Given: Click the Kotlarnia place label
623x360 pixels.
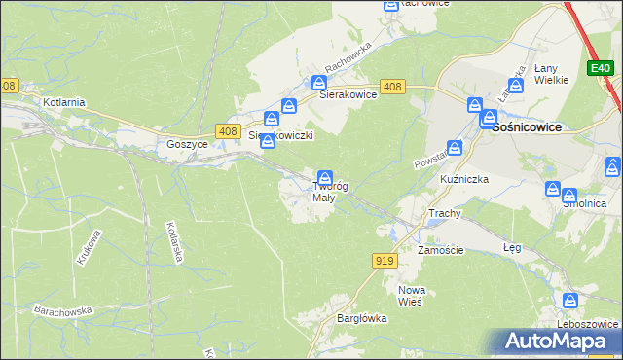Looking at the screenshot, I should click(64, 101).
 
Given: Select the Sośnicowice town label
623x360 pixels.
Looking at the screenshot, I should click(527, 126).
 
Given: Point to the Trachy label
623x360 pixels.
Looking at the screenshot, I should click(444, 212).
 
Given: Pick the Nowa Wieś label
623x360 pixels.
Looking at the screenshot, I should click(413, 296).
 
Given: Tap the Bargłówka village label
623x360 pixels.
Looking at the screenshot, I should click(361, 318).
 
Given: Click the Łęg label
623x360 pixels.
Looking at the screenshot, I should click(512, 247).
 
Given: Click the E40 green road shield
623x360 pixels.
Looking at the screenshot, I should click(600, 68).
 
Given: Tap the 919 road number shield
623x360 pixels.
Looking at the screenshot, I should click(384, 260).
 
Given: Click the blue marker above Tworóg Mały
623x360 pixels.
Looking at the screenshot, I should click(325, 177).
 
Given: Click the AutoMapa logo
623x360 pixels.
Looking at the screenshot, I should click(559, 342).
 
